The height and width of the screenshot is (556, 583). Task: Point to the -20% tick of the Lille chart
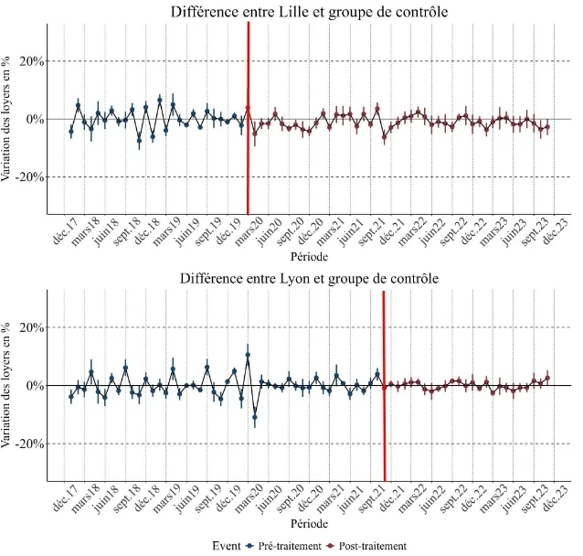click(x=30, y=176)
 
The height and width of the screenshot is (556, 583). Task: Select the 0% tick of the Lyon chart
click(x=35, y=385)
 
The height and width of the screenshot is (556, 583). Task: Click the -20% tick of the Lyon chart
click(x=30, y=444)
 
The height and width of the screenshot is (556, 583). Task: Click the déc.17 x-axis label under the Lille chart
click(x=63, y=231)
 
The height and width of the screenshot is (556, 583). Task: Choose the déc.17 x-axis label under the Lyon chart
click(x=63, y=498)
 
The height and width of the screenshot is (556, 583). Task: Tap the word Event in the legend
click(x=227, y=545)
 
